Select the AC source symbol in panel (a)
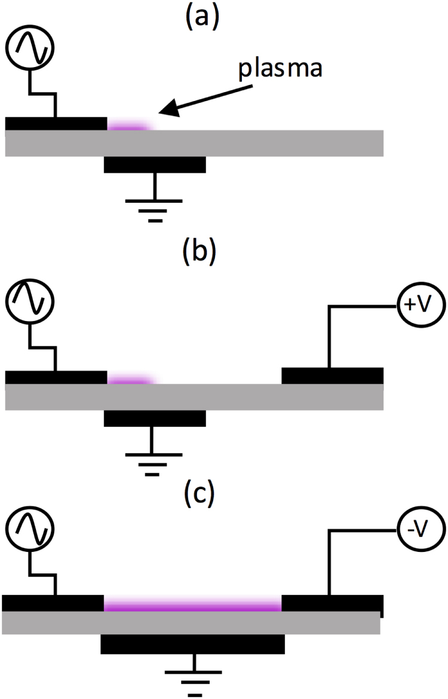point(29,47)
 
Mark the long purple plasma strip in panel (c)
point(192,606)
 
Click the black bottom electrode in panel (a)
point(155,164)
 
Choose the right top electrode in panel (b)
point(332,376)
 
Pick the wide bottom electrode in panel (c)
point(192,645)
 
